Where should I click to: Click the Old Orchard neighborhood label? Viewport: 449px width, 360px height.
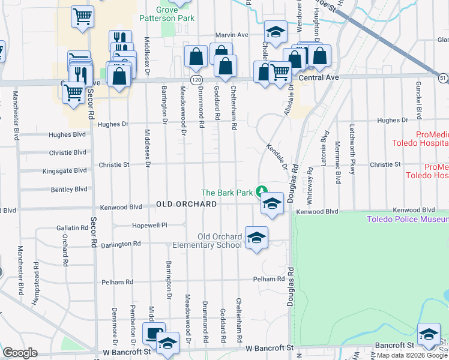tap(187, 204)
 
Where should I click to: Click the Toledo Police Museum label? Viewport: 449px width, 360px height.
tap(408, 219)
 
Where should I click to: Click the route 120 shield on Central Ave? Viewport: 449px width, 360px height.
tap(196, 79)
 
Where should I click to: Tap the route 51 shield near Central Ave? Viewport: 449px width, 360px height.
tap(442, 78)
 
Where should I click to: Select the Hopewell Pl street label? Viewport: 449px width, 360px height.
tap(149, 226)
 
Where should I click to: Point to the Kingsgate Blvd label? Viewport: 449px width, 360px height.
tap(65, 171)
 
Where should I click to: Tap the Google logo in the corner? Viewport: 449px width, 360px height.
tap(20, 353)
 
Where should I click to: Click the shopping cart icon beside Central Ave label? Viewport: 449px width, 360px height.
tap(280, 71)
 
